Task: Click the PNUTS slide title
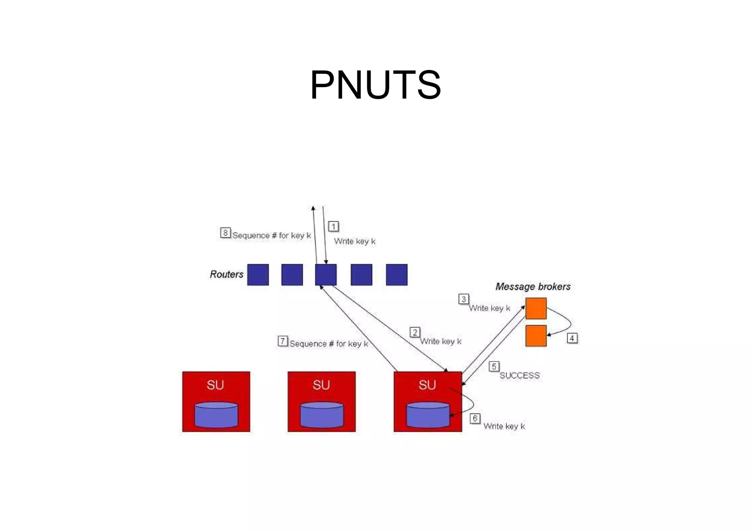tap(375, 85)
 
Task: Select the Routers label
tap(227, 274)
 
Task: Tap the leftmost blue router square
tap(258, 274)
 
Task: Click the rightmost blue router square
tap(397, 274)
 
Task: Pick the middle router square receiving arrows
tap(326, 274)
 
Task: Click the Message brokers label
tap(533, 286)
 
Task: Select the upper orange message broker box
tap(536, 308)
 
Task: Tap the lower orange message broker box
tap(536, 335)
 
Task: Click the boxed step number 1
tap(333, 226)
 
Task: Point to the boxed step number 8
tap(225, 233)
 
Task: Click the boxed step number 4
tap(572, 338)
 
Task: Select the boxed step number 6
tap(475, 418)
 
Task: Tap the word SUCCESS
tap(519, 375)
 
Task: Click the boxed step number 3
tap(463, 299)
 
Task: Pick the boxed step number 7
tap(282, 341)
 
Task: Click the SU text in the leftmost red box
tap(215, 385)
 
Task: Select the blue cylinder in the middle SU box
tap(322, 415)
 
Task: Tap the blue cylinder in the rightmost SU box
tap(428, 415)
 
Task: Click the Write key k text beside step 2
tap(441, 341)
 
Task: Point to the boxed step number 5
tap(494, 366)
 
